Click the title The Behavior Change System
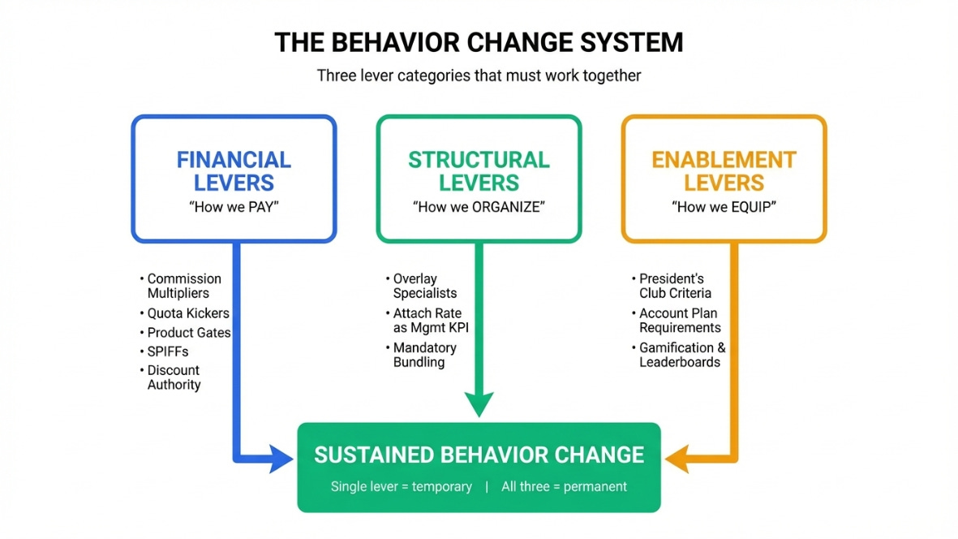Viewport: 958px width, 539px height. point(479,43)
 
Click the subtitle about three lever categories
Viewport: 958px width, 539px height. point(479,75)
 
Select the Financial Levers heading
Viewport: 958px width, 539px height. point(234,171)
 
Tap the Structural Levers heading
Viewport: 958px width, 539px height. point(479,171)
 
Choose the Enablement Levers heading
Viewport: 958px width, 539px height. point(724,171)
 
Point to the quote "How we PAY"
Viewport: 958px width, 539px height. point(234,207)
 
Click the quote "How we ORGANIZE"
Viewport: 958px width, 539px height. point(479,207)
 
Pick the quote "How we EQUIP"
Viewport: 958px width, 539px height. point(724,207)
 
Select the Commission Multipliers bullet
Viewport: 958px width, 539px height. point(181,286)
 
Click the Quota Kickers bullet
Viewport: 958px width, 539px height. point(184,313)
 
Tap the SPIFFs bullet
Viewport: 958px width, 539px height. point(164,351)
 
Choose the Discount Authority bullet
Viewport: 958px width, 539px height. point(170,377)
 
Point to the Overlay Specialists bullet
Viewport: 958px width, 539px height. point(422,286)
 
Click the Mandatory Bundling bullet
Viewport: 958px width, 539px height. point(422,355)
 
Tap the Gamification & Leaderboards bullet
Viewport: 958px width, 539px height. point(679,355)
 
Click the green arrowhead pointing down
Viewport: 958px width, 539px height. point(479,404)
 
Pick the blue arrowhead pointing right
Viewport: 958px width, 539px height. point(281,459)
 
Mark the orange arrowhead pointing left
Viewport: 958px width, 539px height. point(677,459)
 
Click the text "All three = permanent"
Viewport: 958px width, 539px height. point(564,487)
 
